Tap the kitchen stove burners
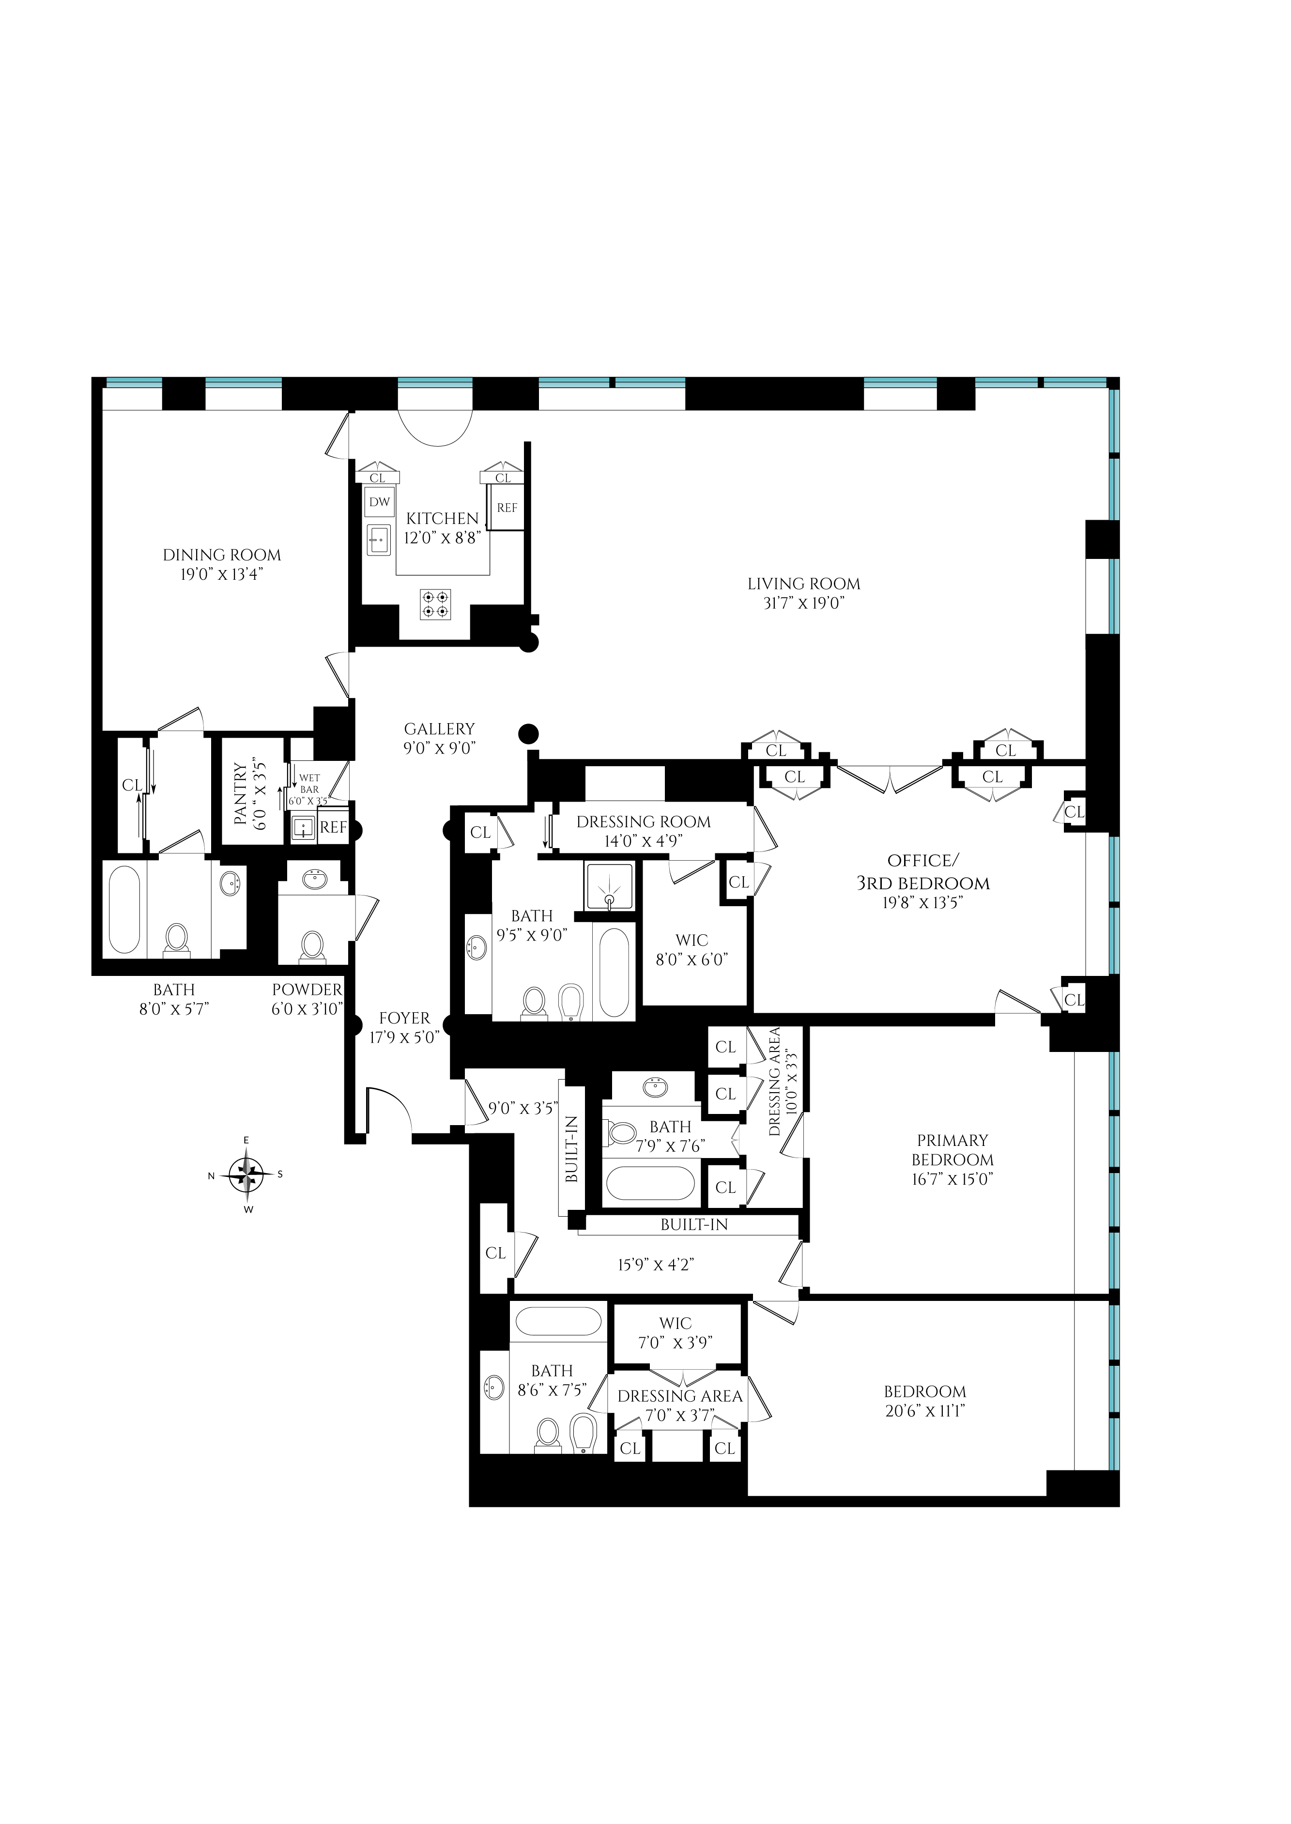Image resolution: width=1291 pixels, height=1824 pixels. click(x=435, y=603)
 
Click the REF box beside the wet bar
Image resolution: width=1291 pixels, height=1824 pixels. click(x=334, y=828)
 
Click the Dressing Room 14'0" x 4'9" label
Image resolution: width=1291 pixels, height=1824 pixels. click(x=643, y=822)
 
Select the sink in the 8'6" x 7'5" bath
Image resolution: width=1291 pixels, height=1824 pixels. click(x=493, y=1388)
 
